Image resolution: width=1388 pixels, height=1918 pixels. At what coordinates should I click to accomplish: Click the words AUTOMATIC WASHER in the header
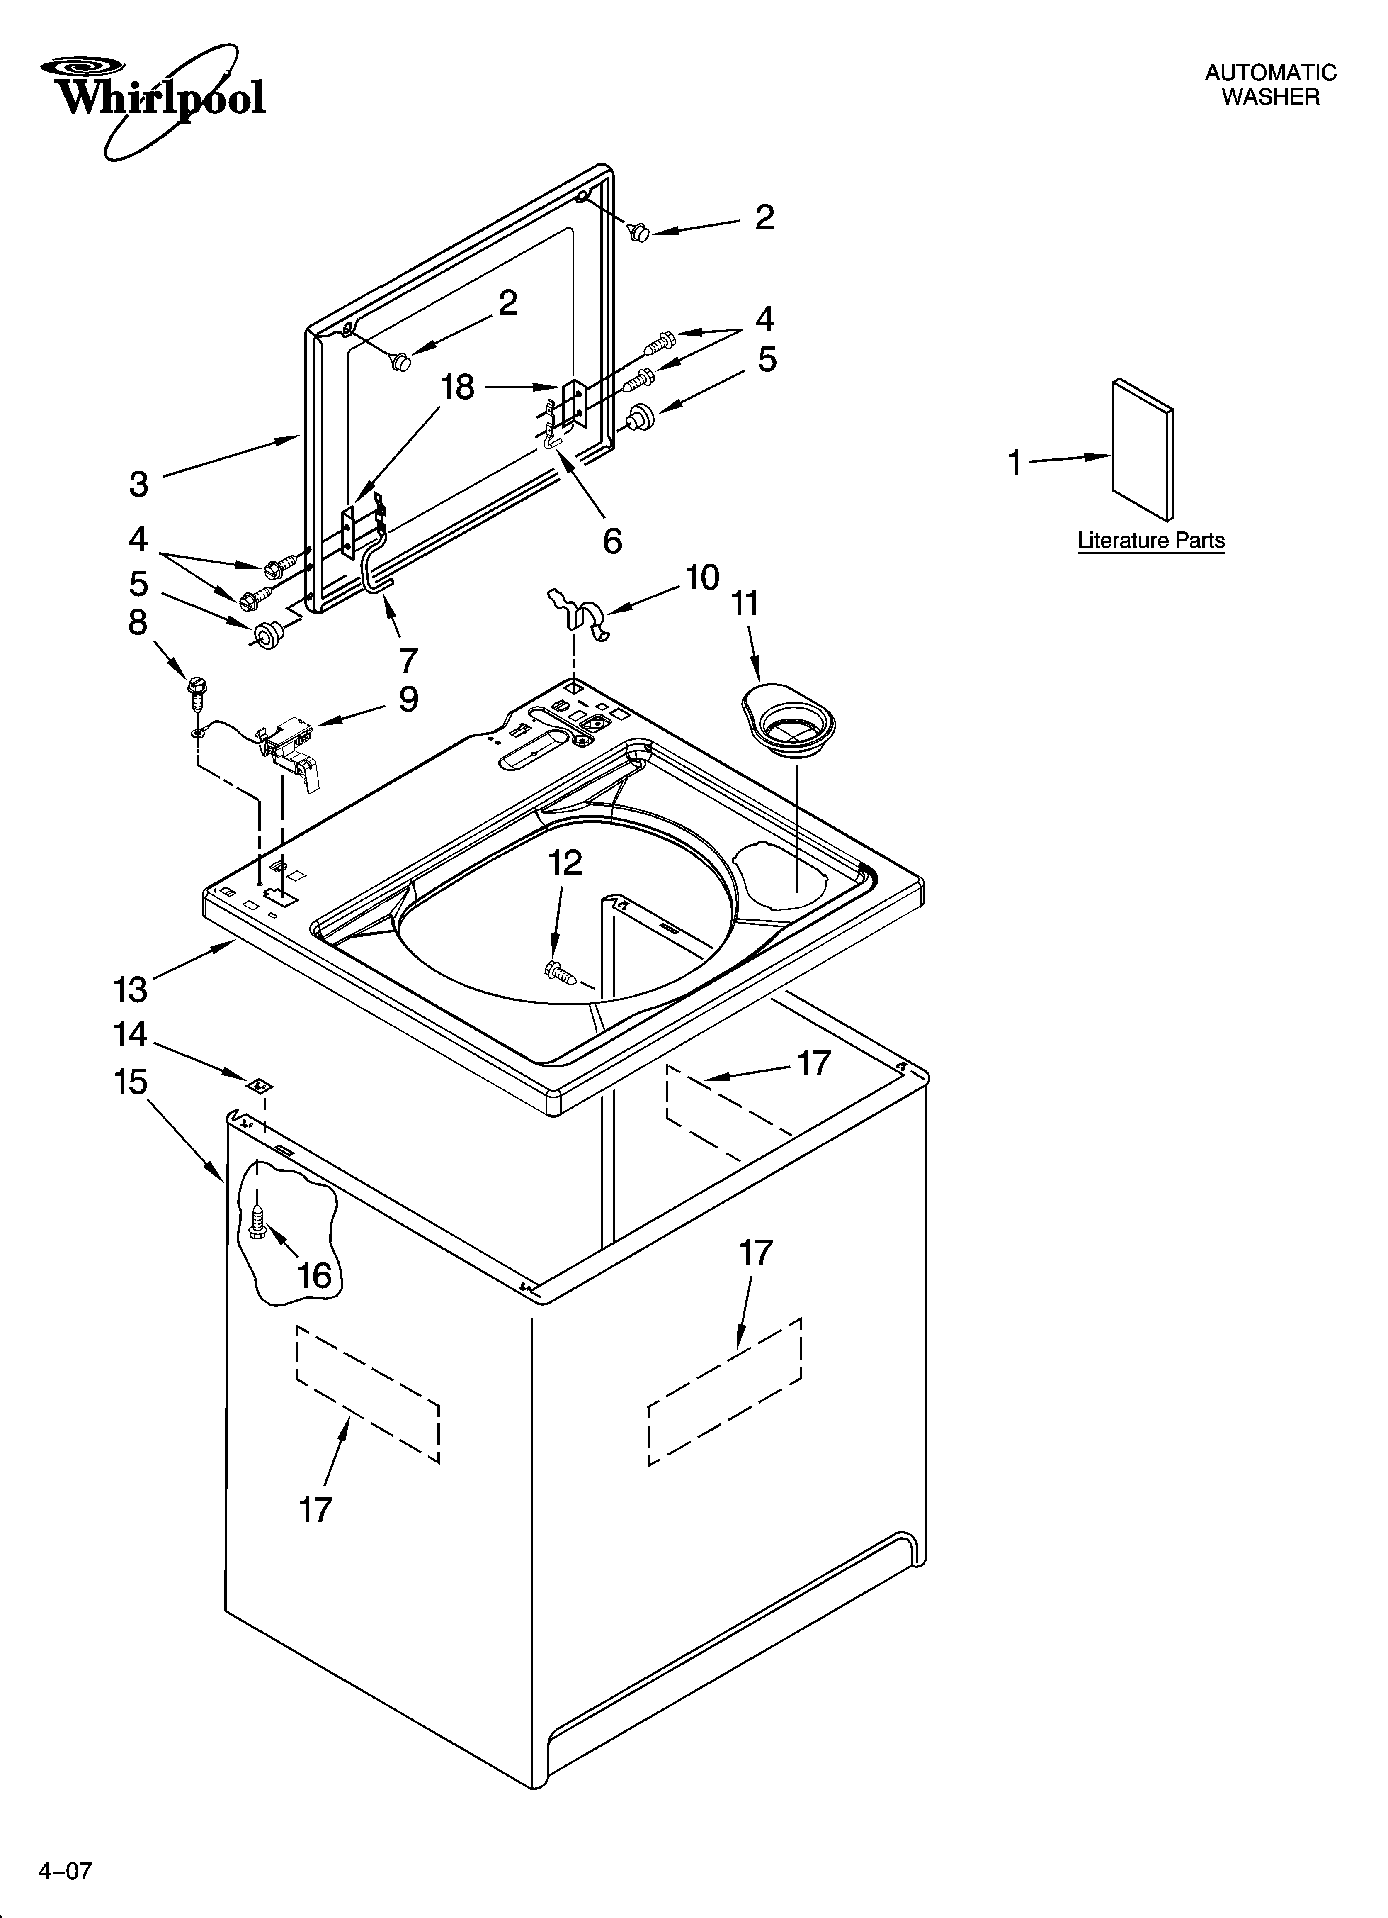(x=1270, y=85)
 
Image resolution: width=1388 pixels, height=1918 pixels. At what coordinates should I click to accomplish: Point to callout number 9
(x=408, y=699)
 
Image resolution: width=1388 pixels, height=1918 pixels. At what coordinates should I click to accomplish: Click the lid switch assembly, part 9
(x=290, y=744)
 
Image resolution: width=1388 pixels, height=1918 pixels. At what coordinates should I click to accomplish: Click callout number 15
(x=131, y=1082)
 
